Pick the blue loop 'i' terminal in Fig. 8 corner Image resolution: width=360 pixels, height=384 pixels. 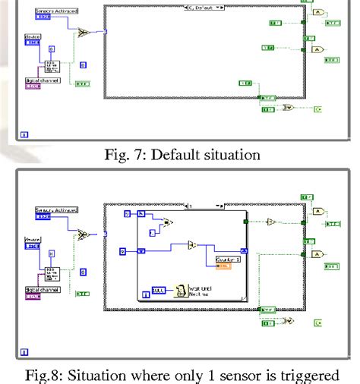(24, 352)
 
